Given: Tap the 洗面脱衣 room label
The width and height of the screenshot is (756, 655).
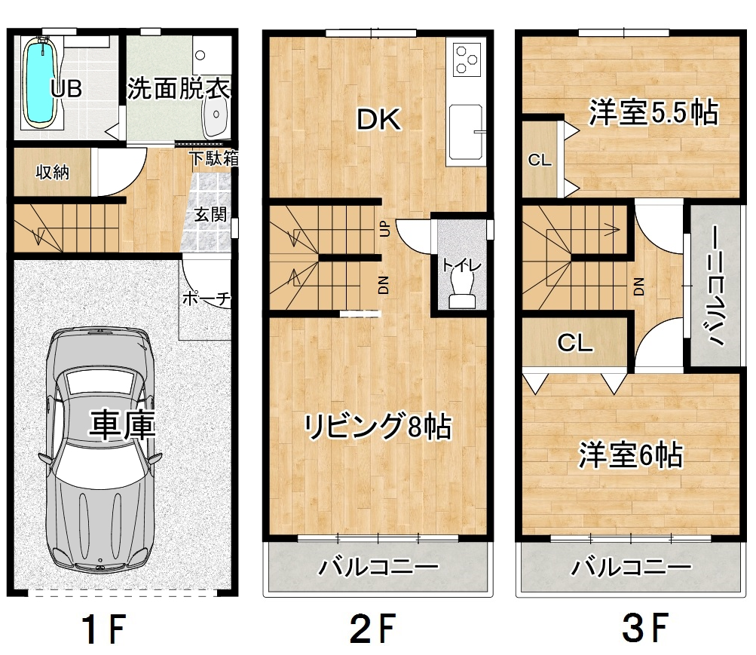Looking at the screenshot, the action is click(x=178, y=88).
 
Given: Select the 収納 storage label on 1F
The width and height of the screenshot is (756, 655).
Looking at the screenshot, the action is click(x=52, y=172).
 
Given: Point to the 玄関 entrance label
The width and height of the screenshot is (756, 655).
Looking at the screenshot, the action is click(x=210, y=215).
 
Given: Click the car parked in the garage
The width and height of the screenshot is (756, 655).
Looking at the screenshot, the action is click(x=100, y=449).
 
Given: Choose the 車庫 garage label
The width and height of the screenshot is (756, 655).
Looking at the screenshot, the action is click(x=122, y=425).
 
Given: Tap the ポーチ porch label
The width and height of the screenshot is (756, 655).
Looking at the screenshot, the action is click(x=207, y=299).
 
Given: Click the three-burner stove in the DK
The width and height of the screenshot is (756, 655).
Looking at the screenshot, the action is click(x=467, y=60).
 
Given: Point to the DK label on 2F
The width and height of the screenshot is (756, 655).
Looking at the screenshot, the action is click(x=378, y=120).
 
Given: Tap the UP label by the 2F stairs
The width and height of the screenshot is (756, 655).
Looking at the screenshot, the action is click(x=384, y=228).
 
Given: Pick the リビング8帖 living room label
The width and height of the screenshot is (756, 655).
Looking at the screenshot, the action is click(x=378, y=426).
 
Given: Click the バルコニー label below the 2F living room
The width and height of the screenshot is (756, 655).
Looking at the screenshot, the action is click(x=378, y=566).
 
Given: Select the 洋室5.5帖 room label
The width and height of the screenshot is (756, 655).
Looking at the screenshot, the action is click(x=653, y=112).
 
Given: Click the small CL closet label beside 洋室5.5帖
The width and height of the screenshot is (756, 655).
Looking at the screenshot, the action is click(x=540, y=160).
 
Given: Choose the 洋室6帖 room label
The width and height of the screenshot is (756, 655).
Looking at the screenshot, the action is click(x=631, y=455).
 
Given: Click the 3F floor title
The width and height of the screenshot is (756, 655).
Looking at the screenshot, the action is click(x=644, y=628).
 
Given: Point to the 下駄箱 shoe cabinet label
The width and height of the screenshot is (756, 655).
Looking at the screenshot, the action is click(x=213, y=158).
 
